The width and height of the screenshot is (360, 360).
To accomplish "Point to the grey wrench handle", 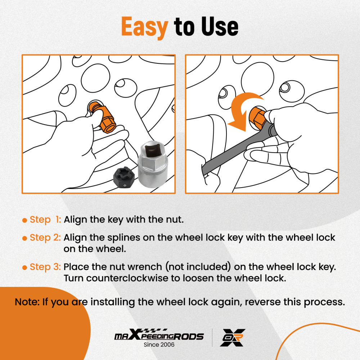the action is [x=237, y=149].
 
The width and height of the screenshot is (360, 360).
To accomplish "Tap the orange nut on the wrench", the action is [x=258, y=116].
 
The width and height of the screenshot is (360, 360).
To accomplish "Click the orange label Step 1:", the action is [x=45, y=220].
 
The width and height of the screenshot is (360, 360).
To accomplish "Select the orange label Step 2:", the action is [x=45, y=237].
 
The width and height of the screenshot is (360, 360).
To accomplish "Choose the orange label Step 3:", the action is [x=45, y=267].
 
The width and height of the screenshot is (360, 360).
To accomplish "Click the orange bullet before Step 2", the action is [x=24, y=238].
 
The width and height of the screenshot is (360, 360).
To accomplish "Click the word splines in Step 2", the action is [x=123, y=238].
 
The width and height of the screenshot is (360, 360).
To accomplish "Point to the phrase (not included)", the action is [x=198, y=267].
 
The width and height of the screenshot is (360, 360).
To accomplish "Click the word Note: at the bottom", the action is [x=27, y=302].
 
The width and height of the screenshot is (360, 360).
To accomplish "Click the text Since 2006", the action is [x=159, y=345].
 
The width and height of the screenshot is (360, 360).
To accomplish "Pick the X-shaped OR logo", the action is [x=233, y=338].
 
